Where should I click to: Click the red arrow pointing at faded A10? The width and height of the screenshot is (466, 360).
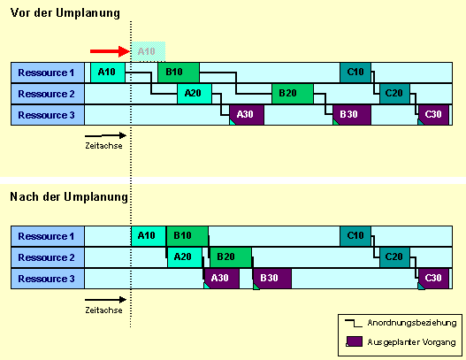pos(110,51)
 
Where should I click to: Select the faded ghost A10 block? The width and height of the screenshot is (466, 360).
pos(149,51)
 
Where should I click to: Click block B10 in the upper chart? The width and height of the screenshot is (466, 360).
pos(179,73)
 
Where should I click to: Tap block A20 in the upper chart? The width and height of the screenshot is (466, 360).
pos(195,94)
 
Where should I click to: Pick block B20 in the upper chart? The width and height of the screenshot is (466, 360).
pos(293,94)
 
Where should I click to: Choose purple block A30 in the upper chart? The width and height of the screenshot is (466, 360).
pos(247,115)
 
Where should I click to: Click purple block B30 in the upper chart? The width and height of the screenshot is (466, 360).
pos(352,115)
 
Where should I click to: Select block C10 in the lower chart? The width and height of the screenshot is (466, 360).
pos(355,236)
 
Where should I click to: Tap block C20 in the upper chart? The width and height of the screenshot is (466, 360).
pos(394,94)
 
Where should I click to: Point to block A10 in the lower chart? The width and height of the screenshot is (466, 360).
pos(149,236)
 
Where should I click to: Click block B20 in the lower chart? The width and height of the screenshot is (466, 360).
pos(231,257)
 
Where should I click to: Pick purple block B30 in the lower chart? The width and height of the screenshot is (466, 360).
pos(272,279)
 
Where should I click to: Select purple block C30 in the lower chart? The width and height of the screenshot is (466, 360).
pos(433,279)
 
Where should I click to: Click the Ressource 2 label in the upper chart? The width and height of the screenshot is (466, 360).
pos(48,94)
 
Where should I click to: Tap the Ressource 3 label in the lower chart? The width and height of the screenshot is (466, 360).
pos(48,279)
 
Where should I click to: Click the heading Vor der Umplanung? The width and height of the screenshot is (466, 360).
pos(65,13)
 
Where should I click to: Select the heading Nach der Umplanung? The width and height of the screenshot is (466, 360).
pos(69,196)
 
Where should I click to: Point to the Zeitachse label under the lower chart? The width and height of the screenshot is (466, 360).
pos(103,310)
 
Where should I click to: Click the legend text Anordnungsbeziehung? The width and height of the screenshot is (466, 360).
pos(412,323)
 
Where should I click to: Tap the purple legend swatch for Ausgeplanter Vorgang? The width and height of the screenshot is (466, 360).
pos(355,341)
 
